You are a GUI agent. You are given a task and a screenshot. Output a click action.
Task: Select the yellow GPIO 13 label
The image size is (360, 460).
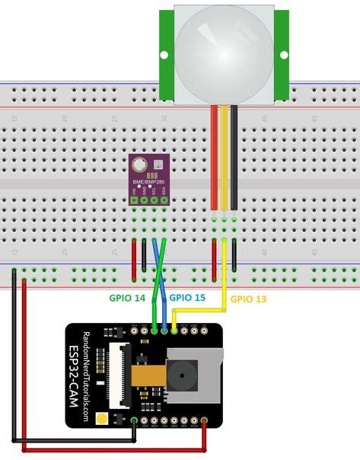(249, 299)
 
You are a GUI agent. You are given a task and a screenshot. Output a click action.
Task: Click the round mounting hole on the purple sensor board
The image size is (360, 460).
(138, 164)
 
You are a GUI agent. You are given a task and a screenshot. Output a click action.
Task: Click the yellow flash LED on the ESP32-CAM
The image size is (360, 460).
(101, 417)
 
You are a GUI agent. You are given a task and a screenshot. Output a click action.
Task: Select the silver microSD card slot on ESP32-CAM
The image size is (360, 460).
(194, 377)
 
